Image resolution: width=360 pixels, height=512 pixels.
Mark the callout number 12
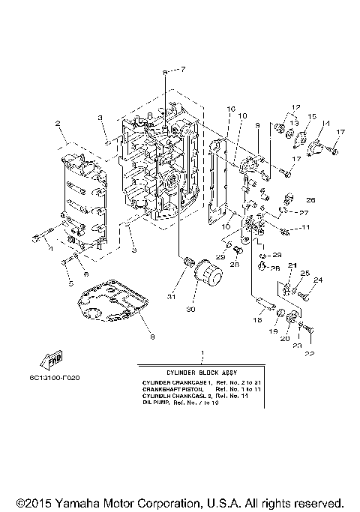click(295, 106)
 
